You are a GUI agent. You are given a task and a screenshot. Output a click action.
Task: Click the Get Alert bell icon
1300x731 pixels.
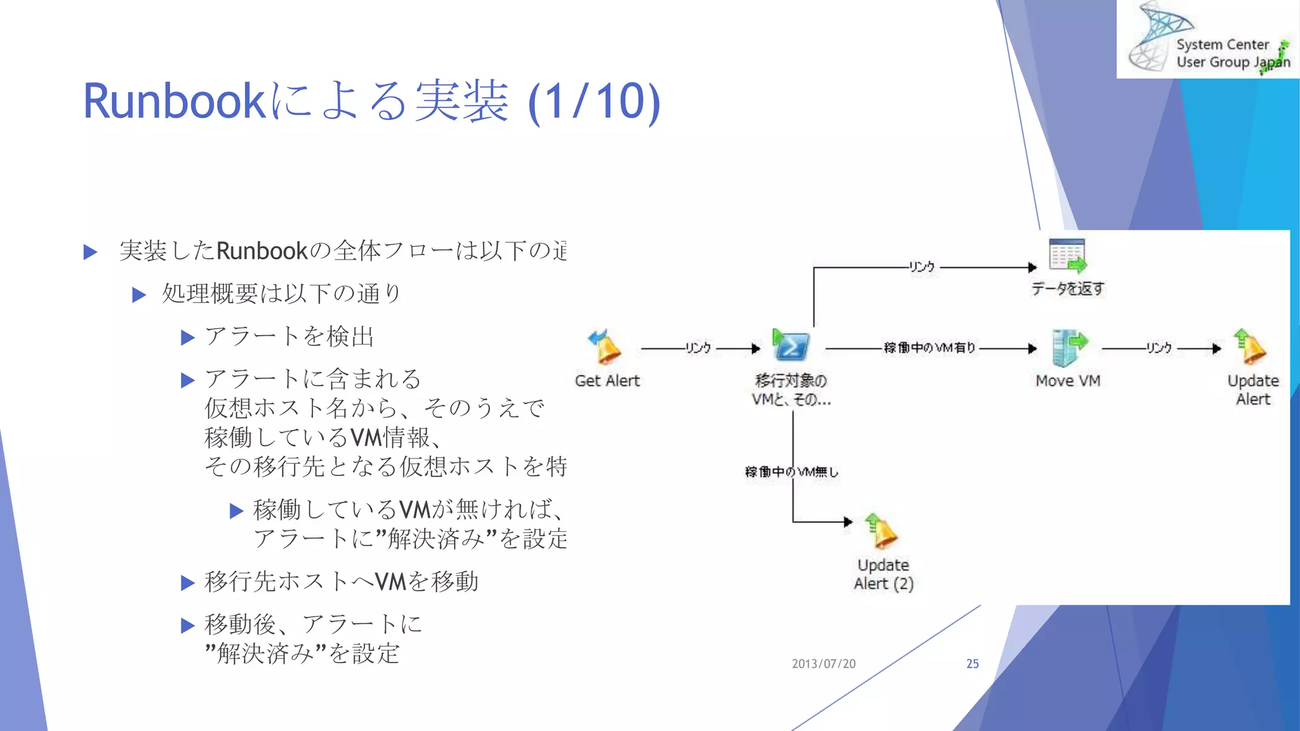[x=605, y=347]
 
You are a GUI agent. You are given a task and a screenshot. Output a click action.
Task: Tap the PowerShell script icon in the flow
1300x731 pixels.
[x=790, y=346]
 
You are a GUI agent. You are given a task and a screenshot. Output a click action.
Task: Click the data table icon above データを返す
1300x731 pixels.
[x=1068, y=256]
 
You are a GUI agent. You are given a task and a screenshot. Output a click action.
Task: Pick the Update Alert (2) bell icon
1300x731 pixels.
[x=881, y=531]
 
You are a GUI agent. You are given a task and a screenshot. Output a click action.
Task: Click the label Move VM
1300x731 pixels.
[x=1068, y=381]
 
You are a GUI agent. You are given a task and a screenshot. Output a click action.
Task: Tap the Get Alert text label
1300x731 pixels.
[x=607, y=381]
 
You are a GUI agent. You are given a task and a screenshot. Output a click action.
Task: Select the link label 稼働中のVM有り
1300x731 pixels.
[x=929, y=348]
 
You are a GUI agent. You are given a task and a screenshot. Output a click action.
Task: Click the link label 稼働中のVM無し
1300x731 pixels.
[x=792, y=471]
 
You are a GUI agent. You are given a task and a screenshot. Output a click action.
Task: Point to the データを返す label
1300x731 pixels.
[x=1068, y=289]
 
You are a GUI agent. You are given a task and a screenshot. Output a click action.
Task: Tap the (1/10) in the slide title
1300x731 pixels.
[x=594, y=102]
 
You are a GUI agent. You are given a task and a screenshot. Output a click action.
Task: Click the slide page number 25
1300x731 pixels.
[x=972, y=664]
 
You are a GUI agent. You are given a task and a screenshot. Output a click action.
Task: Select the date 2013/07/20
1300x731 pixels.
[x=823, y=664]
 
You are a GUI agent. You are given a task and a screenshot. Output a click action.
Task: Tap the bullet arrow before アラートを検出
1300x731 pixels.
[x=187, y=338]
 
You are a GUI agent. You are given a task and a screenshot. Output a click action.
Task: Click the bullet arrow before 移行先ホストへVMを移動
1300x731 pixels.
[x=187, y=583]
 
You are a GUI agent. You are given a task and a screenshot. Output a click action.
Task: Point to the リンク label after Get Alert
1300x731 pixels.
[x=698, y=348]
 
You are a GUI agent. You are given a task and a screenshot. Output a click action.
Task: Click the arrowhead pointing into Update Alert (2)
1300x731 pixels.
[x=848, y=522]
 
